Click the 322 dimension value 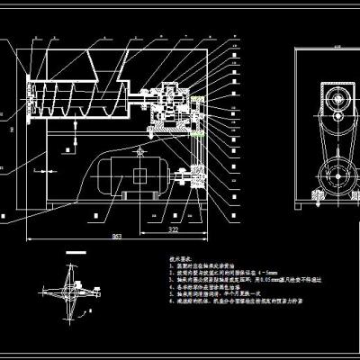[174, 230]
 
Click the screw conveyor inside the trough [81, 94]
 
